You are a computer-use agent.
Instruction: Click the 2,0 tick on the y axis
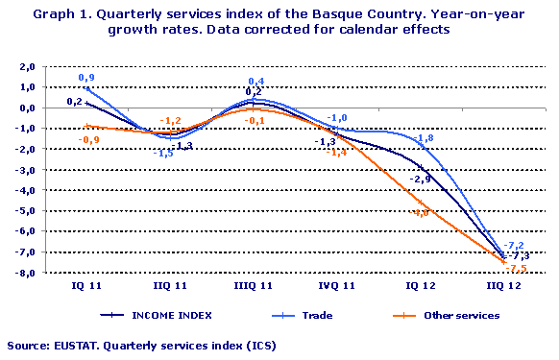click(27, 66)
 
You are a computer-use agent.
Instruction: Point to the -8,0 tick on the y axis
click(25, 273)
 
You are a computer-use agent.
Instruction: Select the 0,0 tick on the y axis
click(27, 108)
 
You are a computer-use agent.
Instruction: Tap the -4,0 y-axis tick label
click(25, 190)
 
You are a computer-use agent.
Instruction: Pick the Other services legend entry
click(464, 315)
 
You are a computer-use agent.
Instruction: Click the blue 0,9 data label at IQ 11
click(86, 77)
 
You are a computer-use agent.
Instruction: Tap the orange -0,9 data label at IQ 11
click(84, 139)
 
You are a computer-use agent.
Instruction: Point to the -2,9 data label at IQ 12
click(420, 179)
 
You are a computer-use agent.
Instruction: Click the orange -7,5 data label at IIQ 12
click(517, 269)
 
